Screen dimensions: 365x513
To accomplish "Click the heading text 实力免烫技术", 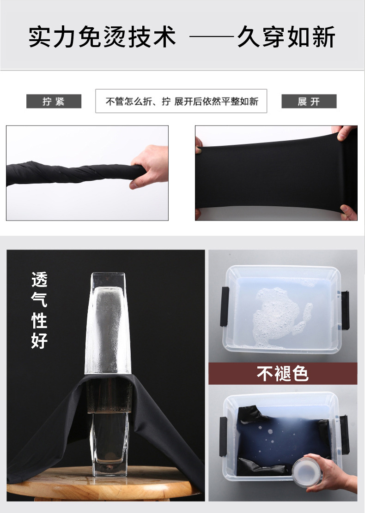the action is tap(102, 36).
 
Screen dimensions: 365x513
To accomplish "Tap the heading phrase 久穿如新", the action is tap(286, 36).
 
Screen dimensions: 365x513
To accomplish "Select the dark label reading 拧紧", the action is tap(54, 101).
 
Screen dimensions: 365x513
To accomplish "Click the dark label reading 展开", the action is tap(309, 101).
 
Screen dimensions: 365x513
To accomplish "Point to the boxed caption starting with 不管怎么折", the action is tap(182, 101).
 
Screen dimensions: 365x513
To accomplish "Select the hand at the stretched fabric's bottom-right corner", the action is tap(348, 212).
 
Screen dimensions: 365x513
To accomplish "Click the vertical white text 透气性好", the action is tap(39, 310).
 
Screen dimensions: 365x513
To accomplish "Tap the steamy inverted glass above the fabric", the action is tap(108, 323).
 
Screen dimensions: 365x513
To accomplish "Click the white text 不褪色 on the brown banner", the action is tap(283, 373).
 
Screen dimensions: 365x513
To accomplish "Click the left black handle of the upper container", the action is tap(225, 307).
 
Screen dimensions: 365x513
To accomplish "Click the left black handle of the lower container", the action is tap(223, 436).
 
